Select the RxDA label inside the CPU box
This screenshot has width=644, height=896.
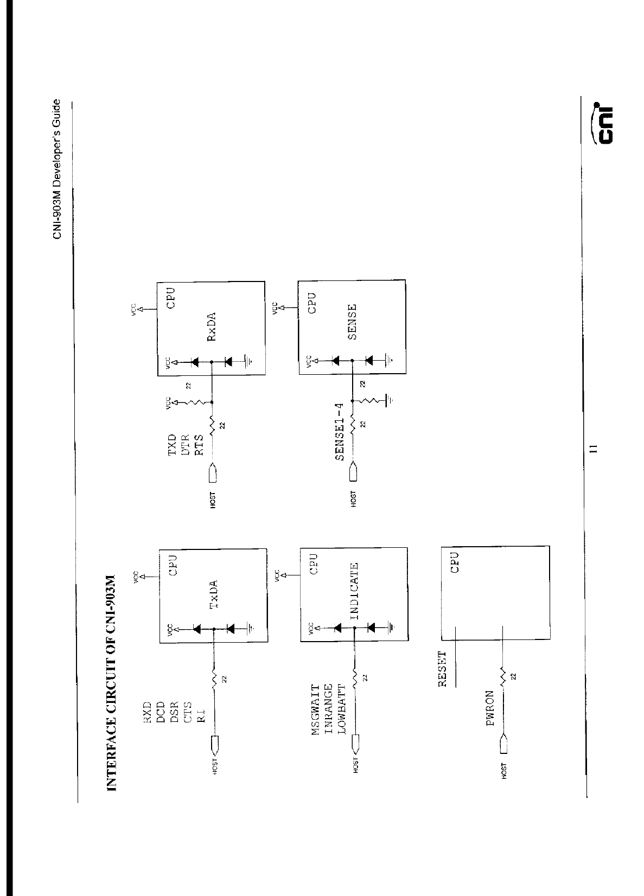(211, 327)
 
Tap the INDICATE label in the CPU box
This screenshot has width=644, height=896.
(354, 591)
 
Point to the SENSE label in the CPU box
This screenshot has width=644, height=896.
(352, 322)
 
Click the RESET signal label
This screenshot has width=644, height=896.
(442, 669)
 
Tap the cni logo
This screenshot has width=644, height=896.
(602, 124)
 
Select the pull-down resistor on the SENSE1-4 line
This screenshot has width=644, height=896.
(371, 401)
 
